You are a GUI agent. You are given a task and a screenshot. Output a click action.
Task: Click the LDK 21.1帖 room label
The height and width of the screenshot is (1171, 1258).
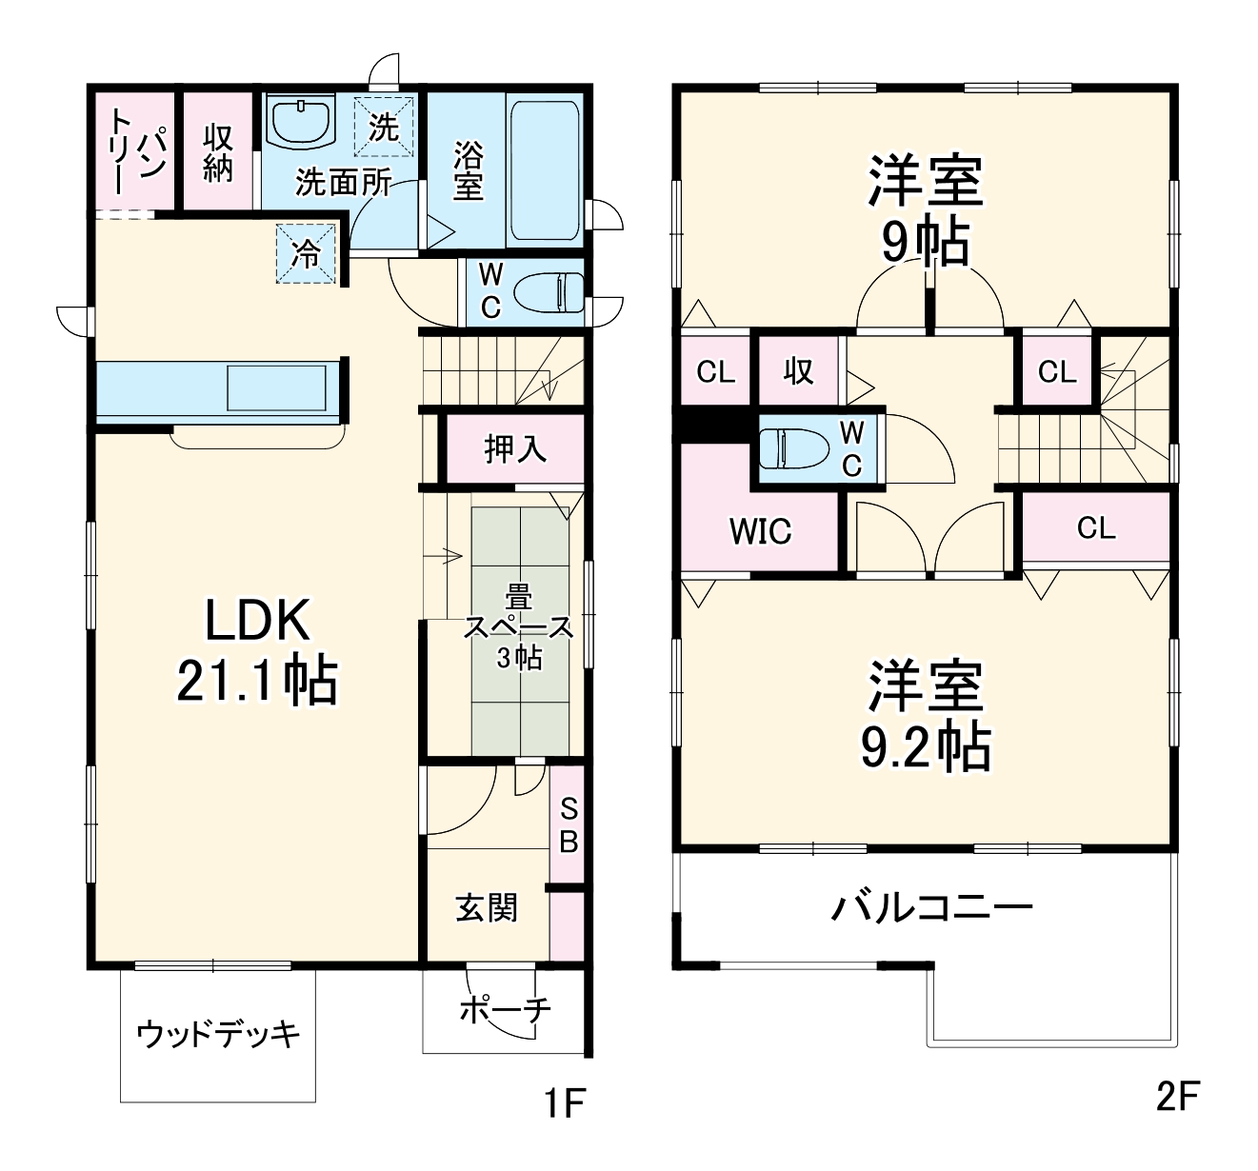click(257, 652)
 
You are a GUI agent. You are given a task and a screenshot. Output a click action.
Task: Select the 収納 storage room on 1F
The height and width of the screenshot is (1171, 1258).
click(218, 152)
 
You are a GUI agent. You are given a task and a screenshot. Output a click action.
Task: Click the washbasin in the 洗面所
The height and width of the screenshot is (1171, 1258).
click(301, 123)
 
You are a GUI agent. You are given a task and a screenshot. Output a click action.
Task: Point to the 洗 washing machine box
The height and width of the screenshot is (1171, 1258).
click(385, 126)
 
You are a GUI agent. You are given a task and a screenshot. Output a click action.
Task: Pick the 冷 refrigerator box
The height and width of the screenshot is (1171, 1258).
click(307, 253)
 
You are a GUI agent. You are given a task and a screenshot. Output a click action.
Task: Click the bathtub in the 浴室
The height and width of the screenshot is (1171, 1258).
click(545, 170)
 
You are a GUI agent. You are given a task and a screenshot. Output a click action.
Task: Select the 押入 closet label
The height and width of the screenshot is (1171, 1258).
click(515, 448)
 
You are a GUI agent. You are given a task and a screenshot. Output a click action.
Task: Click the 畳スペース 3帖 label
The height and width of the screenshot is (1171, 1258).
click(519, 628)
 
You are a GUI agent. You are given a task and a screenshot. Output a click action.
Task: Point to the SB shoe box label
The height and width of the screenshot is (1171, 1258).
click(569, 824)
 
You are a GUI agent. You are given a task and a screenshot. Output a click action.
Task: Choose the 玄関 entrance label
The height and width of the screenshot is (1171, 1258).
click(487, 908)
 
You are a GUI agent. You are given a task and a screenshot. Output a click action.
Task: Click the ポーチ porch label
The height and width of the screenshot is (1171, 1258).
click(505, 1009)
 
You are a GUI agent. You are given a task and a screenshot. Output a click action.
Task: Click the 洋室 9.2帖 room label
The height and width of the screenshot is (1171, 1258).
click(924, 716)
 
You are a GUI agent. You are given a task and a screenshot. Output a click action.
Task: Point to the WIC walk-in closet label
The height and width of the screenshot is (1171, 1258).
click(760, 531)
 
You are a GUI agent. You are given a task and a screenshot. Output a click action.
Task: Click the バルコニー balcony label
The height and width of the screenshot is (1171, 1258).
click(931, 906)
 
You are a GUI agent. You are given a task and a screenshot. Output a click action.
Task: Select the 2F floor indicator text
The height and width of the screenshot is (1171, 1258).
click(1176, 1097)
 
